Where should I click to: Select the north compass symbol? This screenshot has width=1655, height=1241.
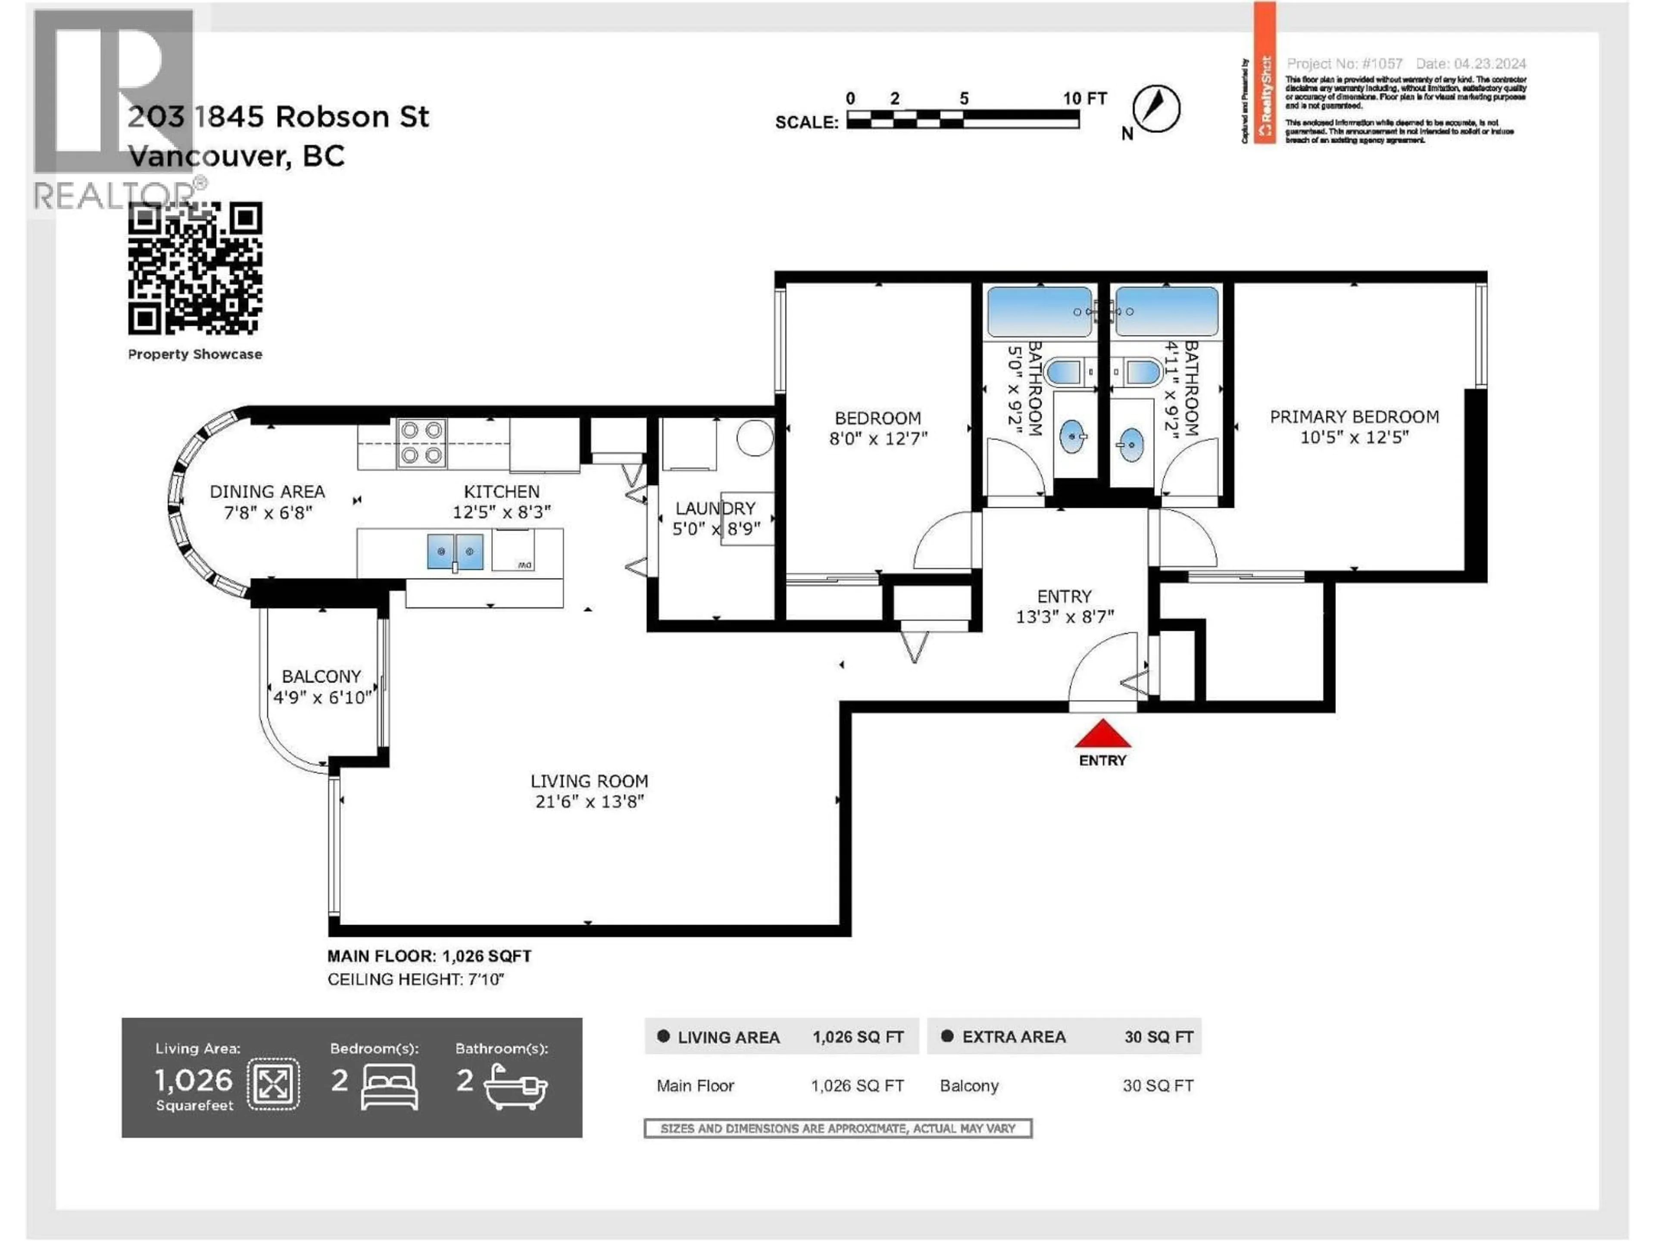pos(1156,109)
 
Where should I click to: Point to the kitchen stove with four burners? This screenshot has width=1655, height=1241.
pos(421,443)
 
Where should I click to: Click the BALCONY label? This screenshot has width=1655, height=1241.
pos(321,676)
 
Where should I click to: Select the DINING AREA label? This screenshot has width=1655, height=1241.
pos(267,492)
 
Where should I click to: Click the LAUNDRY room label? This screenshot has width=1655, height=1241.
pos(715,508)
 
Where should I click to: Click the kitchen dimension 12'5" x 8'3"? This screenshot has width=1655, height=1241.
pos(501,512)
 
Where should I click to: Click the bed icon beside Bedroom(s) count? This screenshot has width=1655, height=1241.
pos(389,1086)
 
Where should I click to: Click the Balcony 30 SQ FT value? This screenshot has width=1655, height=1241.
pos(1158,1085)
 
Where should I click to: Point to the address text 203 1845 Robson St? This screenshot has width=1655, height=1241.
pos(278,117)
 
